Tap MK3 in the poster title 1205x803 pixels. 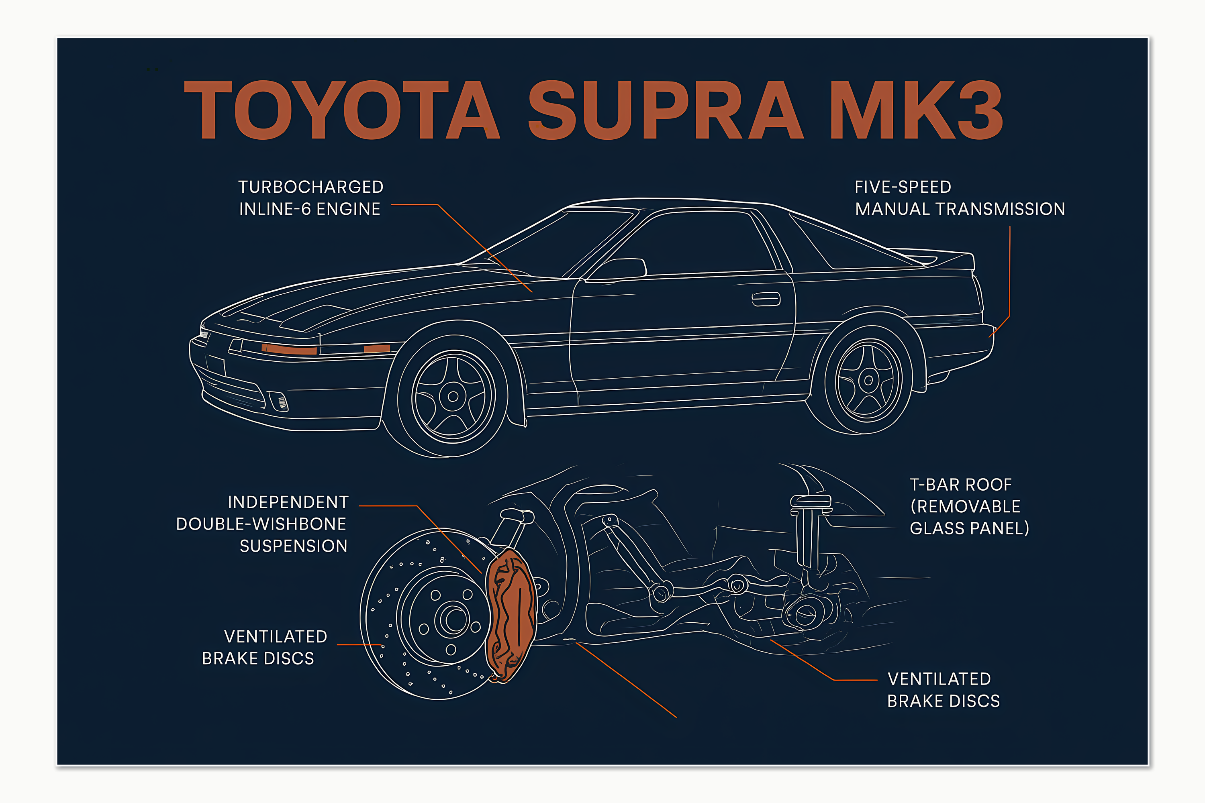tap(916, 110)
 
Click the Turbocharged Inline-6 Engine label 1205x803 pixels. tap(310, 198)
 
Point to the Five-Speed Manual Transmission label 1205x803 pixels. tap(960, 198)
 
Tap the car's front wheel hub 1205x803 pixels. tap(453, 396)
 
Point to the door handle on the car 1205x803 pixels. tap(766, 299)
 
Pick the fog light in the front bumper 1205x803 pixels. tap(279, 401)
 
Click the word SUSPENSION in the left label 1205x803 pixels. tap(294, 546)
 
